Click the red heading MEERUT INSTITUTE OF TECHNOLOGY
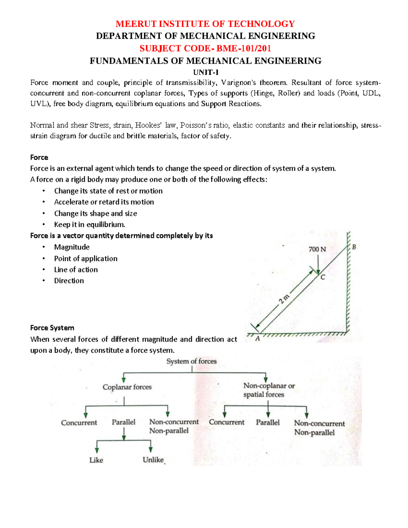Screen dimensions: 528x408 (x=205, y=24)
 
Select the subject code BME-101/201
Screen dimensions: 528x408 (x=243, y=48)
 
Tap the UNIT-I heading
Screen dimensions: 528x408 (x=205, y=72)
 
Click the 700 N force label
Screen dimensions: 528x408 (x=317, y=249)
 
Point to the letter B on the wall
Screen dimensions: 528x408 (x=354, y=247)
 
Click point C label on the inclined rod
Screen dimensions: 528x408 (x=323, y=277)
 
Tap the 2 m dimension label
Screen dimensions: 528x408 (x=284, y=300)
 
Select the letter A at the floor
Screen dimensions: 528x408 (x=257, y=339)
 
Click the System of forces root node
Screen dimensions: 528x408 (x=191, y=361)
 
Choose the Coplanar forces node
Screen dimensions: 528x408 (x=127, y=387)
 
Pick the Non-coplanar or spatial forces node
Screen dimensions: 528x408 (x=269, y=390)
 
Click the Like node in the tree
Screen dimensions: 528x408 (x=96, y=460)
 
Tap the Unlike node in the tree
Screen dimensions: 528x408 (x=153, y=460)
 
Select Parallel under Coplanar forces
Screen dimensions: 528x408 (x=123, y=422)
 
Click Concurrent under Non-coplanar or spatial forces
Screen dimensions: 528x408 (x=226, y=422)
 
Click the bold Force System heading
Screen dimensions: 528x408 (x=52, y=328)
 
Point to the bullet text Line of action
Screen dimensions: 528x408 (x=76, y=270)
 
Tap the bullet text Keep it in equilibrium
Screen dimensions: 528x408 (x=89, y=224)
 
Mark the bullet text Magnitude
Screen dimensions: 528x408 (x=72, y=247)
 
